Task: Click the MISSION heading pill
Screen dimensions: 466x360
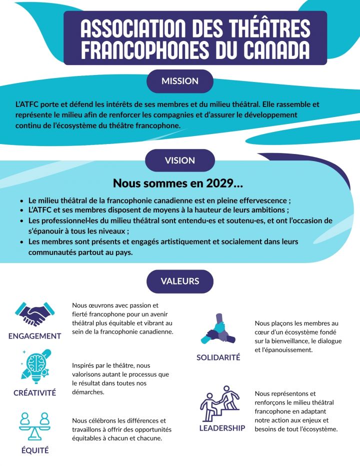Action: point(180,81)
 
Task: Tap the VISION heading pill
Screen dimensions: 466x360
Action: point(180,160)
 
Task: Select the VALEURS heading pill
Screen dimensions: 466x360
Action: point(180,281)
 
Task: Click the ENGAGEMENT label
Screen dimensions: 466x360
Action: point(34,336)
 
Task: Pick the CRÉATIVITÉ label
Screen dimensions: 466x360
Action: point(34,392)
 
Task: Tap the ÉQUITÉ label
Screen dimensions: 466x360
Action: point(34,450)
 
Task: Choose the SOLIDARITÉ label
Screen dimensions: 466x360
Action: point(218,357)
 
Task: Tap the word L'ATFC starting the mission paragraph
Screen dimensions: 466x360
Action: point(26,105)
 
